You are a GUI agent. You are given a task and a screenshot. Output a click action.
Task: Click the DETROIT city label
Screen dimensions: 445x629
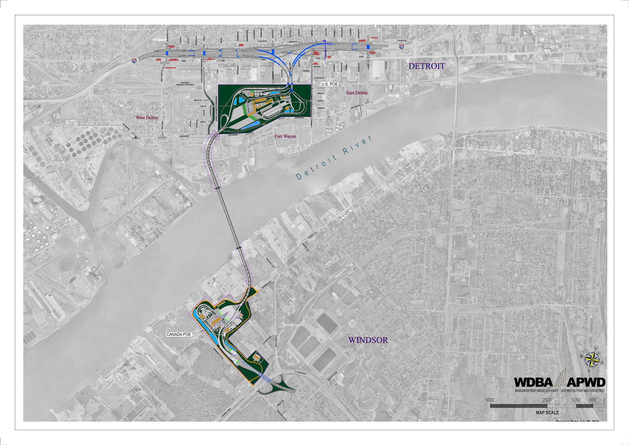click(426, 66)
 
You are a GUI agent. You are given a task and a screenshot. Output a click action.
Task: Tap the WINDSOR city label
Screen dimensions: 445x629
click(368, 340)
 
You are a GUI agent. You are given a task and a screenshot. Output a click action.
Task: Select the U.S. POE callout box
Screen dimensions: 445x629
click(329, 84)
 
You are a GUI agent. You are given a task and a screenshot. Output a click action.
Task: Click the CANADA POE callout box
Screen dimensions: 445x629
click(179, 334)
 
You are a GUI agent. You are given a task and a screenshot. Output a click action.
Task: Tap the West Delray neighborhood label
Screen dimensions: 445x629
click(147, 118)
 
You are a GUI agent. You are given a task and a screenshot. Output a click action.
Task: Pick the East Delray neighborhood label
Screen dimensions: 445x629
click(357, 93)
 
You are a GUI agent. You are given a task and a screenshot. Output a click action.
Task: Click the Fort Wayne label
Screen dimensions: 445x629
click(285, 136)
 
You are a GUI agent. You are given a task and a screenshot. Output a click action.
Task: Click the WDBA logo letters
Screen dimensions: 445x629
click(533, 382)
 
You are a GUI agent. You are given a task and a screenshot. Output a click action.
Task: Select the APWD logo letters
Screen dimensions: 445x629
click(586, 382)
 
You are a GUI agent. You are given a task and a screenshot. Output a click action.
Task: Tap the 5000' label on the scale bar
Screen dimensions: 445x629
click(490, 400)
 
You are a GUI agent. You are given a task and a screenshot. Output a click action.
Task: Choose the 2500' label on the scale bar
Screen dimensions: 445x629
click(547, 400)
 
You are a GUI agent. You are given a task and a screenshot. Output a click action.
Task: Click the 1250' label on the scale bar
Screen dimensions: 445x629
click(576, 400)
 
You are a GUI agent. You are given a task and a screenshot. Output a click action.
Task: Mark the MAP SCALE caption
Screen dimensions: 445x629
click(547, 413)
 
